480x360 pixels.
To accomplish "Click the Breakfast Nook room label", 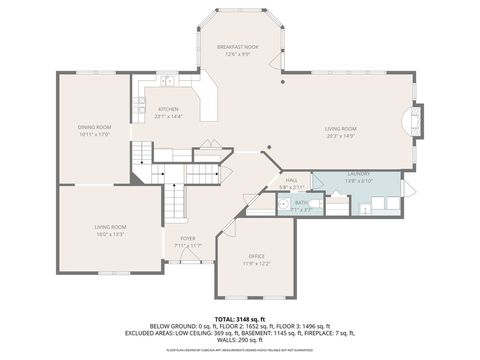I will [x=239, y=47].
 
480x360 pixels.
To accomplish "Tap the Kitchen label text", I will [x=168, y=108].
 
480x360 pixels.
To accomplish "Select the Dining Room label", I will [x=94, y=127].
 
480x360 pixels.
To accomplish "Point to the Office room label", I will [x=257, y=256].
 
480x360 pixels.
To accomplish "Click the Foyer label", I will [x=188, y=238].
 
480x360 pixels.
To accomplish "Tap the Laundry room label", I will [x=359, y=174].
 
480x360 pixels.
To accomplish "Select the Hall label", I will [x=292, y=179].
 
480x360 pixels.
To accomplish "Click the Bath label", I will [x=301, y=202].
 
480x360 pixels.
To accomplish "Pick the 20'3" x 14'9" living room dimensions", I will [x=340, y=135].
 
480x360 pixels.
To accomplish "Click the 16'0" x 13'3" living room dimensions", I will [x=109, y=234].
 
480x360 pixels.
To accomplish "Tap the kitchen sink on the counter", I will [x=169, y=80].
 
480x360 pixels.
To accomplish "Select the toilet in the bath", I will [x=314, y=204].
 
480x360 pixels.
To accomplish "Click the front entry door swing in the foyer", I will [x=186, y=257].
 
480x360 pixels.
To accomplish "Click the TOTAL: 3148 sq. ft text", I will [x=239, y=318].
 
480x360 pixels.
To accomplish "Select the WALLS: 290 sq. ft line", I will [x=239, y=341].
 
